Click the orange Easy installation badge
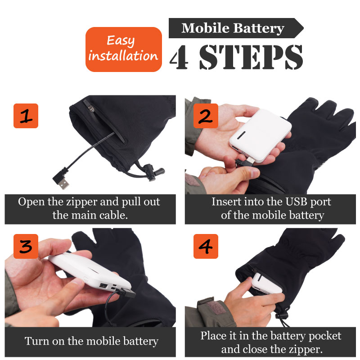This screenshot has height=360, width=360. click(123, 49)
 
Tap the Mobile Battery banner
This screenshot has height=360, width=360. click(236, 28)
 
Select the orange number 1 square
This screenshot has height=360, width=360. click(26, 116)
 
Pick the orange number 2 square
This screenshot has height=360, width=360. click(206, 116)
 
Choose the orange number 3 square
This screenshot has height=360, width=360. click(26, 246)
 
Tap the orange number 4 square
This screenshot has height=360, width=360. click(206, 246)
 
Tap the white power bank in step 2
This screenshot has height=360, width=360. click(261, 135)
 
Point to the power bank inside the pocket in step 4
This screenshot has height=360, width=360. click(266, 283)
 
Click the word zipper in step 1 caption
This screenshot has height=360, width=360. click(81, 202)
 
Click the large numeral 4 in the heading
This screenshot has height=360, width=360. click(180, 58)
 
